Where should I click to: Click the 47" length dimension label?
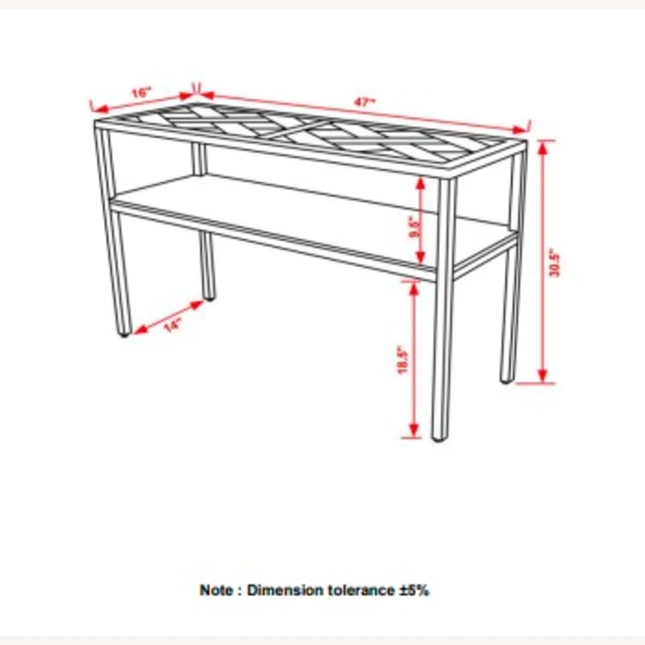tap(364, 102)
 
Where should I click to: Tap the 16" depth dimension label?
tap(141, 92)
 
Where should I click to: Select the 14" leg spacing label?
tap(172, 326)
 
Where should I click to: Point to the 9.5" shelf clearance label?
tap(415, 227)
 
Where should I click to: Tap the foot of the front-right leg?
tap(439, 438)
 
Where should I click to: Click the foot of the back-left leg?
tap(209, 296)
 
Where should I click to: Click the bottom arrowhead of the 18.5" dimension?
tap(414, 430)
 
